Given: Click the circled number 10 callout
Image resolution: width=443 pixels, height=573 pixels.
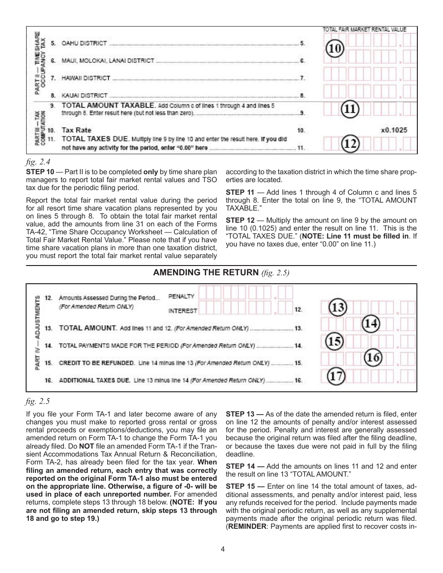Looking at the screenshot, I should (335, 48).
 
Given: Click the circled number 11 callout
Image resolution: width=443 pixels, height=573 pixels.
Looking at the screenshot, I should (350, 109).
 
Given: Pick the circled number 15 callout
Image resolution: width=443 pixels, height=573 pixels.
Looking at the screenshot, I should (335, 341).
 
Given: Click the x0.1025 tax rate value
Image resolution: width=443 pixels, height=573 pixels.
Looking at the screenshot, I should (394, 130).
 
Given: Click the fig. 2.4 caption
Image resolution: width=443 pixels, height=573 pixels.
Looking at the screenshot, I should (38, 162).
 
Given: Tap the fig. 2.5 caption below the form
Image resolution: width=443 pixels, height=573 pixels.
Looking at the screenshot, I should (38, 400).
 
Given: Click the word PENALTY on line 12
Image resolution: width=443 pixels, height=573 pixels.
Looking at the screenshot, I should (181, 296).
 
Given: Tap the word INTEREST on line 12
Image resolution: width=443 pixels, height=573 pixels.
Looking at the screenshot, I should (182, 311).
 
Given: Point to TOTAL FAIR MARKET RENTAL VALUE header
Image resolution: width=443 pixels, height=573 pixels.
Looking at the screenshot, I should (364, 29).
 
